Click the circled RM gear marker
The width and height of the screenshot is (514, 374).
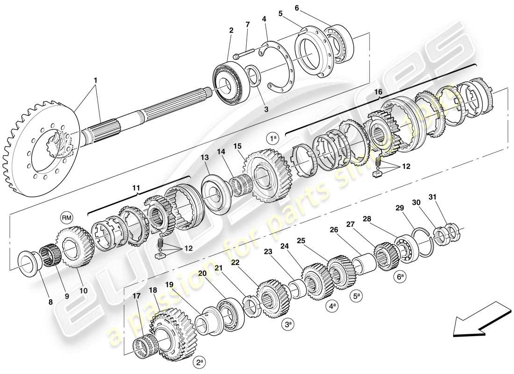[x=67, y=217]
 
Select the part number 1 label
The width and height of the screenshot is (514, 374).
[x=95, y=80]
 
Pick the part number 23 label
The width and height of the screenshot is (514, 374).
[x=268, y=251]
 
